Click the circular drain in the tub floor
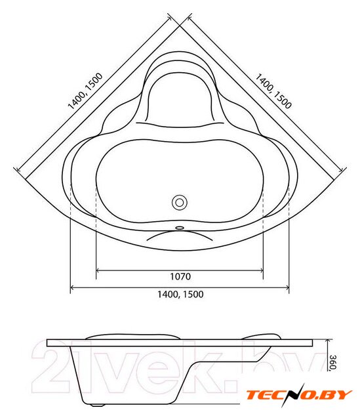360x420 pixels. [x=179, y=203]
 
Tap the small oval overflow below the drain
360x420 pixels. [x=180, y=228]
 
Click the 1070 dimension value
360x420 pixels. [x=180, y=276]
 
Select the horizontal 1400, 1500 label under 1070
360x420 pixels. [x=180, y=295]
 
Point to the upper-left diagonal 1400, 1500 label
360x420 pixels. [x=85, y=91]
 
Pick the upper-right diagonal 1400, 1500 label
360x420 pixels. [x=273, y=91]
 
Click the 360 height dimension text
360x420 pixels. [x=332, y=363]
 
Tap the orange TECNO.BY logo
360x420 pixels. [x=299, y=395]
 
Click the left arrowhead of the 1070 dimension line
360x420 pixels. [x=98, y=270]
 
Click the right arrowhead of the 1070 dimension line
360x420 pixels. [x=261, y=270]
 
